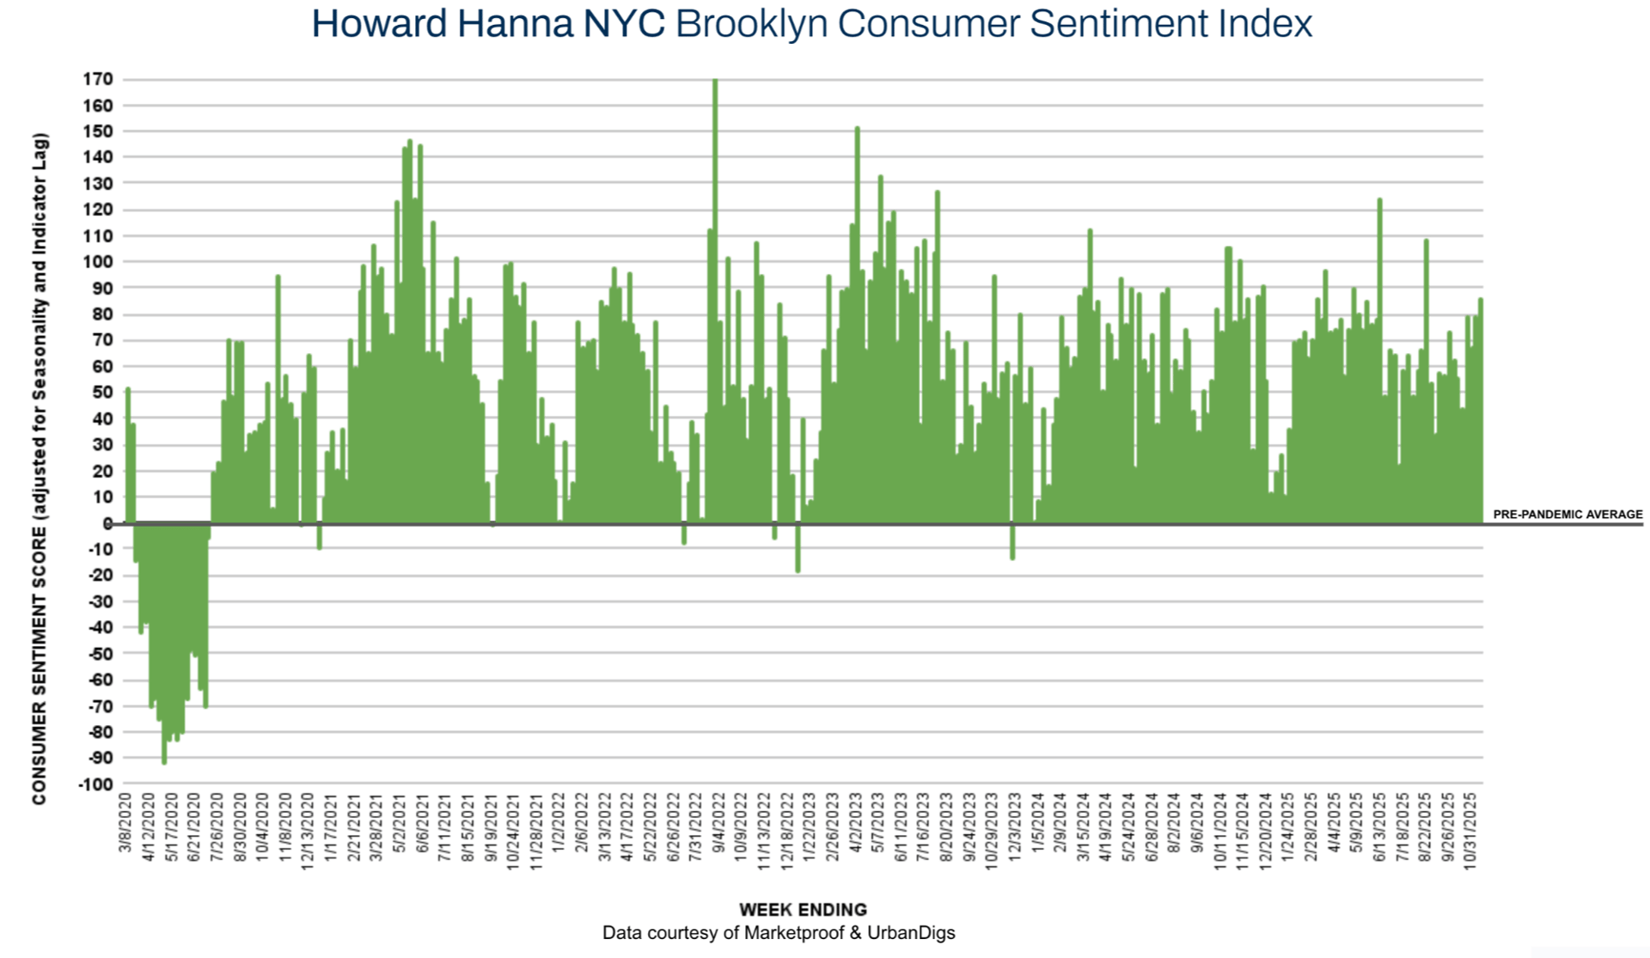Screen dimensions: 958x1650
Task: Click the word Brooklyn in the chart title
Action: click(x=754, y=24)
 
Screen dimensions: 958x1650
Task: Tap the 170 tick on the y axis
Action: click(x=98, y=79)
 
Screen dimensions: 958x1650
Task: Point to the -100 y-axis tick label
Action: click(x=95, y=784)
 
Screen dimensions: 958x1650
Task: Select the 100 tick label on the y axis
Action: click(x=98, y=261)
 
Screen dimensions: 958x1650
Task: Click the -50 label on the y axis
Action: click(x=100, y=654)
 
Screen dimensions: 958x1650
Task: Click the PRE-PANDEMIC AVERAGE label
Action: click(x=1567, y=514)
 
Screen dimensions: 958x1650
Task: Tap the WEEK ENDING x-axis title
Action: click(x=803, y=910)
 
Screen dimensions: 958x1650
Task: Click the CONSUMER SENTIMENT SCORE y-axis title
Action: click(x=40, y=468)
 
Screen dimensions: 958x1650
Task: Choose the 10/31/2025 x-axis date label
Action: click(x=1470, y=831)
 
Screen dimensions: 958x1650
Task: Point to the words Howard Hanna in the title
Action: click(x=442, y=24)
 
